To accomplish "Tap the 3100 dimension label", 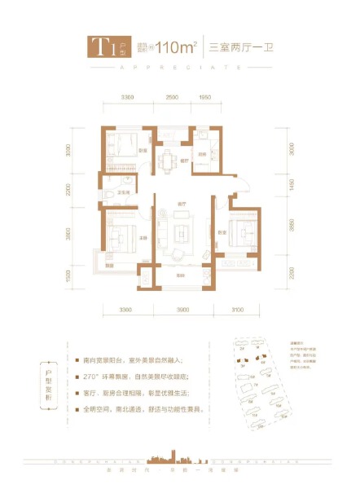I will (x=238, y=311).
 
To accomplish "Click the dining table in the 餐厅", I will (x=169, y=159).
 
